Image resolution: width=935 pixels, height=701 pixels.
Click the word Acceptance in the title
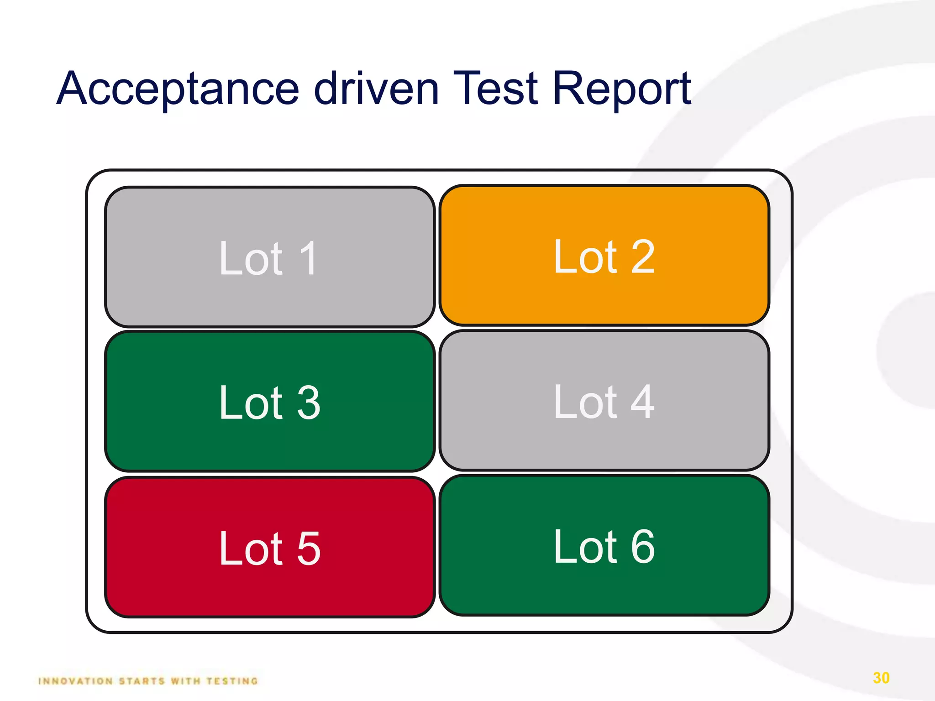(178, 89)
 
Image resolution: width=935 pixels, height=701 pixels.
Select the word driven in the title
(377, 89)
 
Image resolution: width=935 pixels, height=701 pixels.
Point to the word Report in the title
(622, 89)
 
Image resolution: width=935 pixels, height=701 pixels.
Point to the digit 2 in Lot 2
(643, 257)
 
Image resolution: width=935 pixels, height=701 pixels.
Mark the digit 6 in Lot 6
(643, 547)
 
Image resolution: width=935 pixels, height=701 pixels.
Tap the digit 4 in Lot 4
(643, 402)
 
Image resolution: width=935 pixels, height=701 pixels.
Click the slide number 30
(881, 678)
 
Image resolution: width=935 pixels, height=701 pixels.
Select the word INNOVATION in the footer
(75, 681)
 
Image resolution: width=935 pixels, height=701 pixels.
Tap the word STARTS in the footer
(142, 681)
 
